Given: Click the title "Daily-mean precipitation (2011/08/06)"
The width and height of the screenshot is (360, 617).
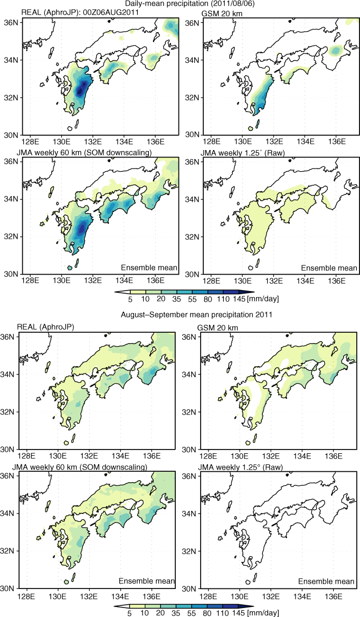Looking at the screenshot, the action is (180, 4).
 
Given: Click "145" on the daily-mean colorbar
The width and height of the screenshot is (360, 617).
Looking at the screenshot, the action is (240, 299).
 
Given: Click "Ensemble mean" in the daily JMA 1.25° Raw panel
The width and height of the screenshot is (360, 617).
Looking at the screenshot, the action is (329, 268).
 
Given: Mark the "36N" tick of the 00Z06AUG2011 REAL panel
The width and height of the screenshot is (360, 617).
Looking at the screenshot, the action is (12, 23).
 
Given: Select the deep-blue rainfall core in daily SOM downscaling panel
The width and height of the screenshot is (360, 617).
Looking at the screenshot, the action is (82, 228).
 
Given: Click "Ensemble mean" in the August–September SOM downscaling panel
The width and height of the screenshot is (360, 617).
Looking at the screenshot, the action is (147, 581).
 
